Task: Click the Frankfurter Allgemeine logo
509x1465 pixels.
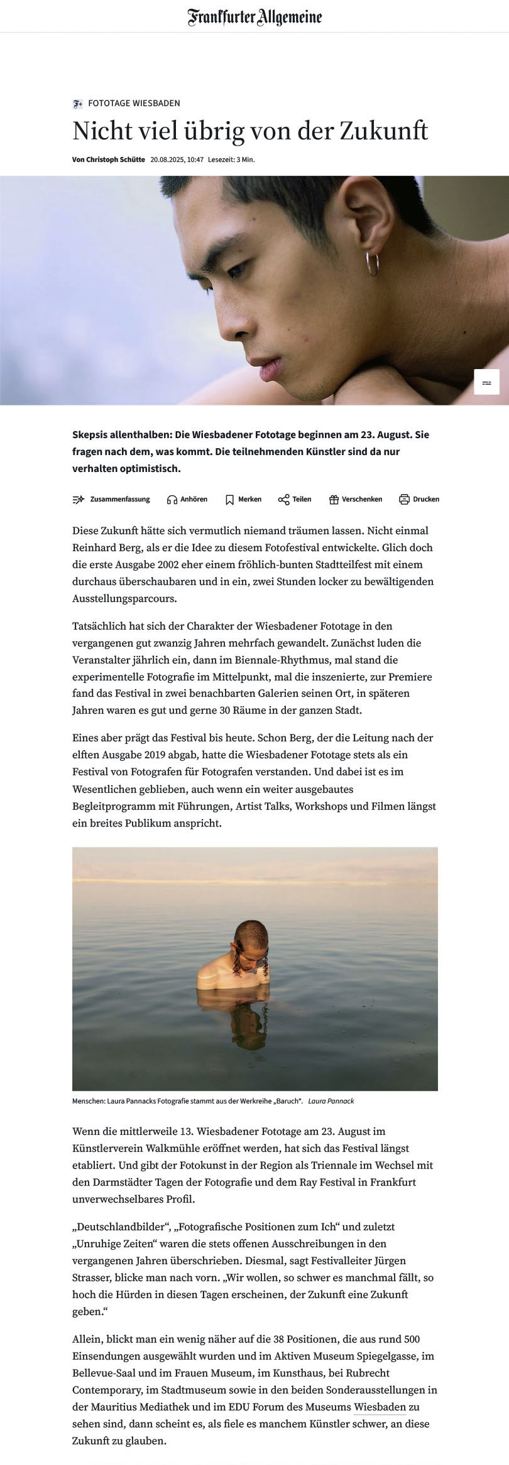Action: point(254,17)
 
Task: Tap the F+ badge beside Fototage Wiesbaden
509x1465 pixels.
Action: point(78,103)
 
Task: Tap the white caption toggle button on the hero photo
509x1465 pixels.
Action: point(486,382)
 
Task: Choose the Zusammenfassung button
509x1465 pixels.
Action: point(112,500)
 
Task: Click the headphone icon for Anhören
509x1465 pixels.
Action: point(172,500)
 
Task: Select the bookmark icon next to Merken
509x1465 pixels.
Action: point(229,500)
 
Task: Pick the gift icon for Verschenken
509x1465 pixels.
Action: point(334,500)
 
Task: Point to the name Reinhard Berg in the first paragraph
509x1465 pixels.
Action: point(102,547)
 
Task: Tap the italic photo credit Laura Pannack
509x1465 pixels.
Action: point(331,1100)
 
